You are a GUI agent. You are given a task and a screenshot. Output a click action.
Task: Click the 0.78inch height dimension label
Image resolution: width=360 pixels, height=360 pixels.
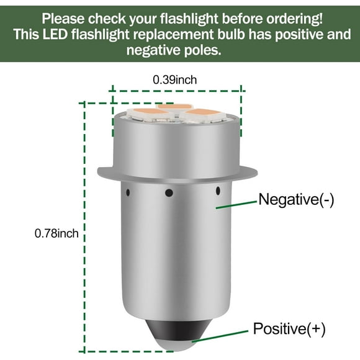coord(56,233)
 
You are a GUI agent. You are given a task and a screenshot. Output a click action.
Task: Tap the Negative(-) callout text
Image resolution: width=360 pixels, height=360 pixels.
coord(295,200)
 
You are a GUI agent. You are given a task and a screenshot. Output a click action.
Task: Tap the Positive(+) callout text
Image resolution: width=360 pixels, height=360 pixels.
coord(289,328)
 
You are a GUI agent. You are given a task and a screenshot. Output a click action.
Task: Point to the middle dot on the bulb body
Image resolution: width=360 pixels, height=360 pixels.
coord(168,193)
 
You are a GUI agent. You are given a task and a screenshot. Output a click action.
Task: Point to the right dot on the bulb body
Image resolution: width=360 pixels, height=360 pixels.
coord(218,189)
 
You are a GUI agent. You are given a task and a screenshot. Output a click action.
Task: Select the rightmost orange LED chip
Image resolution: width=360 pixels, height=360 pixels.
coord(204,114)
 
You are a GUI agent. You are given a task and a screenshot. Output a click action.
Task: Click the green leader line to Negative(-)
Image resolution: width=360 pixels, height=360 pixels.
coord(235,204)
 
